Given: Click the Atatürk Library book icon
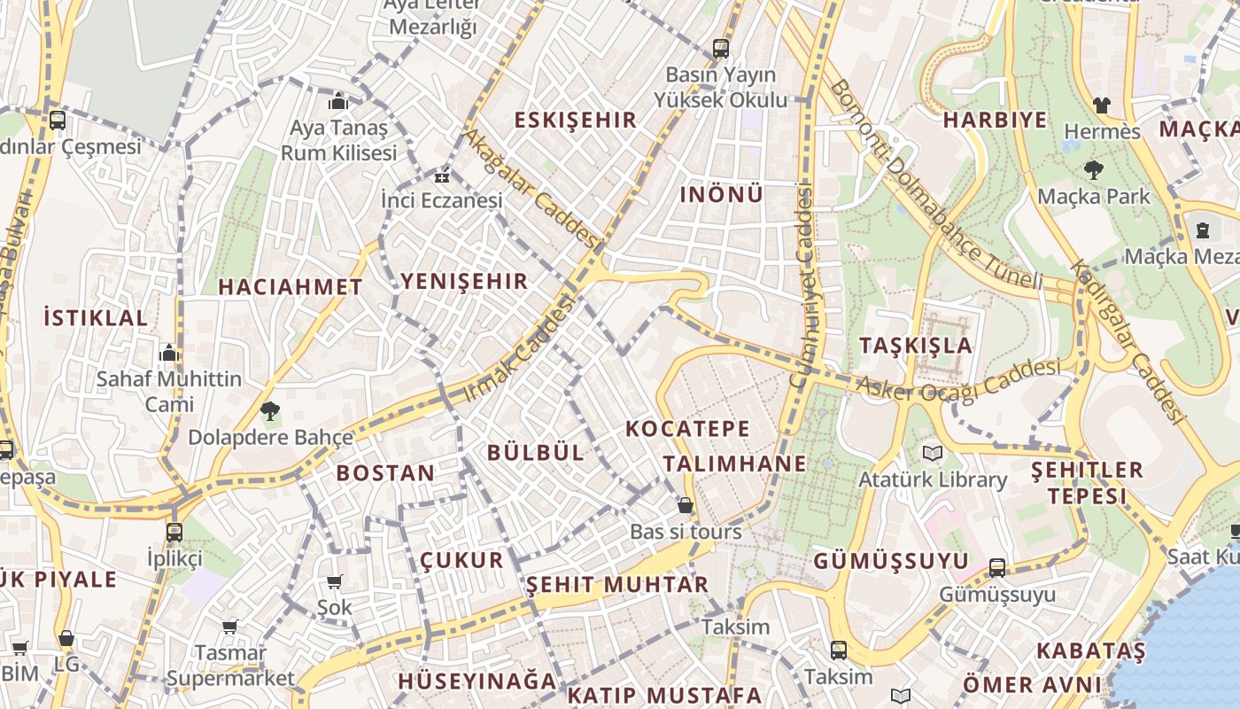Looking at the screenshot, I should tap(933, 454).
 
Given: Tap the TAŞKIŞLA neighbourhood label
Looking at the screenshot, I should tap(916, 346).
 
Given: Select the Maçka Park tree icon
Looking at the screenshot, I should tap(1093, 170).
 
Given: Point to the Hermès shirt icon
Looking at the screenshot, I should tap(1101, 105).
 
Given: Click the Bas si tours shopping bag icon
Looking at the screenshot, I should tap(685, 506).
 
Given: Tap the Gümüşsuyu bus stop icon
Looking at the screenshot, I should tap(997, 568).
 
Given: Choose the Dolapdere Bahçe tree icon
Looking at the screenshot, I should tap(269, 410).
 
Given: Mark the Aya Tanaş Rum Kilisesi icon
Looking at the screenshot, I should tap(337, 101).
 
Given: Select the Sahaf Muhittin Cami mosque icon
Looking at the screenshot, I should tap(169, 354).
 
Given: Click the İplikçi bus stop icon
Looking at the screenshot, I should tap(174, 533).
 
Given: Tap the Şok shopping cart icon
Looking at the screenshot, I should tap(335, 582).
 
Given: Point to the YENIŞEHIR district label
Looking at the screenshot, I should tap(464, 282).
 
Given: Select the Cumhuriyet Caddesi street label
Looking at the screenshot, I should tap(803, 284).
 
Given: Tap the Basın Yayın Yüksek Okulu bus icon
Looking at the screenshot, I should tap(721, 49).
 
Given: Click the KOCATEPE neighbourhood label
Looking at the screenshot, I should tap(687, 429).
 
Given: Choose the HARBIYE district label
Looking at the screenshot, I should tap(995, 121).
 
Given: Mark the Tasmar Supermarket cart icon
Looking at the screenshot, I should tap(230, 627).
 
